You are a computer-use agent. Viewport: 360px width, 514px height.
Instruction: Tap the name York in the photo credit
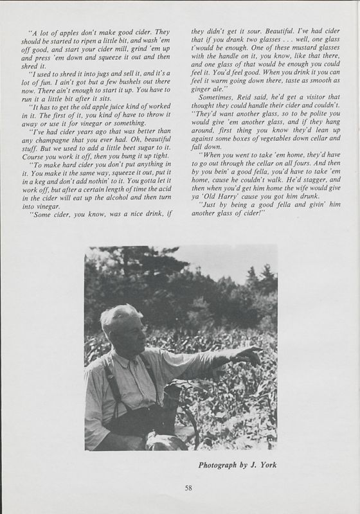tap(265, 462)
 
